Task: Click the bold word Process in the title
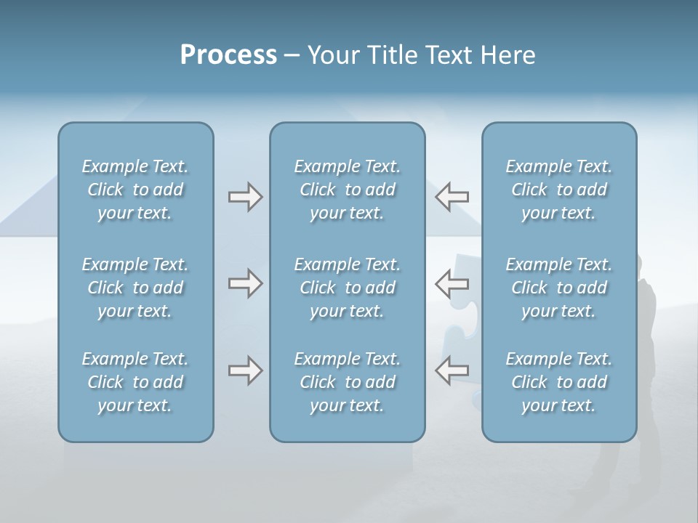pyautogui.click(x=228, y=55)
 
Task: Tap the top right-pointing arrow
pyautogui.click(x=245, y=197)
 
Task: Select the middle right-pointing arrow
pyautogui.click(x=245, y=283)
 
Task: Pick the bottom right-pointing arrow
pyautogui.click(x=245, y=370)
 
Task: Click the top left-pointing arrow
pyautogui.click(x=452, y=197)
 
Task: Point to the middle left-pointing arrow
pyautogui.click(x=452, y=283)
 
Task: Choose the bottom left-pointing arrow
pyautogui.click(x=452, y=370)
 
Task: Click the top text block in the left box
pyautogui.click(x=135, y=190)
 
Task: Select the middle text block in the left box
pyautogui.click(x=135, y=288)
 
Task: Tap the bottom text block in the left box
pyautogui.click(x=135, y=382)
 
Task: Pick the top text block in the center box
pyautogui.click(x=347, y=190)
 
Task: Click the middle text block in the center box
pyautogui.click(x=347, y=288)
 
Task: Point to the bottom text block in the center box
pyautogui.click(x=347, y=382)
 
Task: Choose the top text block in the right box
pyautogui.click(x=558, y=190)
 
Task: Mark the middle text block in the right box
pyautogui.click(x=558, y=288)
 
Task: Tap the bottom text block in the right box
pyautogui.click(x=558, y=382)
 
